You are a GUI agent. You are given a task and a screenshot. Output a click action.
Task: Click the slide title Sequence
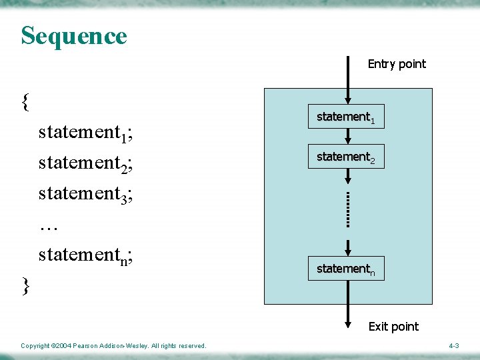tap(73, 35)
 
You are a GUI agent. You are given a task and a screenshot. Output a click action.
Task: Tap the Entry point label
tap(397, 64)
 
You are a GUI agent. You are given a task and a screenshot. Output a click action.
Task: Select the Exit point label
tap(393, 326)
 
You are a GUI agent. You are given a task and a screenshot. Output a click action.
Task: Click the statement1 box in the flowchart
tap(345, 117)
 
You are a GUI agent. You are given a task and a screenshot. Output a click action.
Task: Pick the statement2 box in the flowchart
tap(345, 157)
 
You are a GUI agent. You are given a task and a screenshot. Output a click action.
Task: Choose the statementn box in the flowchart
tap(345, 269)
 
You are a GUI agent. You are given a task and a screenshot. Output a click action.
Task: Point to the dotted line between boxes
tap(347, 209)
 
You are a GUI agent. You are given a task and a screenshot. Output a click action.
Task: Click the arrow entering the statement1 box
tap(347, 80)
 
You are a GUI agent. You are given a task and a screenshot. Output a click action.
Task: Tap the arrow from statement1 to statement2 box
tap(347, 136)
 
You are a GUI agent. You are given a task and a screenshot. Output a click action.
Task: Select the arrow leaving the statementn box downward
tap(347, 303)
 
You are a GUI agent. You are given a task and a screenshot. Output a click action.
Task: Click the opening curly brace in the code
tap(25, 101)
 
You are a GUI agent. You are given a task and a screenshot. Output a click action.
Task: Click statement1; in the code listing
tap(85, 133)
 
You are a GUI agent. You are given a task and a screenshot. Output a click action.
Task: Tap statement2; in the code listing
tap(85, 164)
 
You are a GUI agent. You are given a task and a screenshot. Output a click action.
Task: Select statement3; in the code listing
tap(85, 195)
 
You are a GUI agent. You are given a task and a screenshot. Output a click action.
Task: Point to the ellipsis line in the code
tap(49, 227)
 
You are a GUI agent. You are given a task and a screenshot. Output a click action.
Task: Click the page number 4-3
tap(453, 346)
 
